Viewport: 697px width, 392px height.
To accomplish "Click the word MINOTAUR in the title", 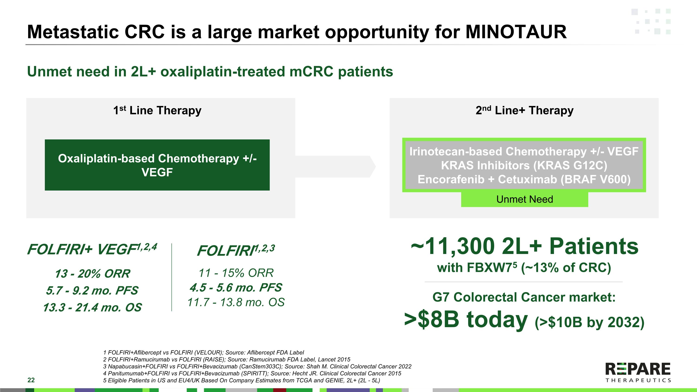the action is pyautogui.click(x=516, y=32).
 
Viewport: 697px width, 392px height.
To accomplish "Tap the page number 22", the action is pyautogui.click(x=31, y=380).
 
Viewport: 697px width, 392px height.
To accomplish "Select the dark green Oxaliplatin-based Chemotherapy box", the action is pyautogui.click(x=157, y=165).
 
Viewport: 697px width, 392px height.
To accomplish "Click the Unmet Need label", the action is pyautogui.click(x=525, y=199).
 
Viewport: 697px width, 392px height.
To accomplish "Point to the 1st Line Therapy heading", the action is pyautogui.click(x=157, y=110).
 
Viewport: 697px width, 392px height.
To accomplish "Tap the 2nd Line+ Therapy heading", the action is pyautogui.click(x=524, y=110).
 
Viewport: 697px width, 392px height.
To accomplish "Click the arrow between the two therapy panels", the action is pyautogui.click(x=335, y=167).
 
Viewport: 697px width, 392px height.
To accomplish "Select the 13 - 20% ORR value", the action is pyautogui.click(x=92, y=273).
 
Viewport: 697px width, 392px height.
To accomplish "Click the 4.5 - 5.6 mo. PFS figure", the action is pyautogui.click(x=236, y=287).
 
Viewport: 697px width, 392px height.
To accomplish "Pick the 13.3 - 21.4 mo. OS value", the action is pyautogui.click(x=92, y=307).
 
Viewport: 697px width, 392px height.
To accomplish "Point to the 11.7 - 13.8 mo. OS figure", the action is pyautogui.click(x=236, y=302).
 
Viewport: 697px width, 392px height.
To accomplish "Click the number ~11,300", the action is pyautogui.click(x=453, y=247).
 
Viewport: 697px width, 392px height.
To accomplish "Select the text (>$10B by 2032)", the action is pyautogui.click(x=590, y=322).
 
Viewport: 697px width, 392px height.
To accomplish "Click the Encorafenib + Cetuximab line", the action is pyautogui.click(x=524, y=179).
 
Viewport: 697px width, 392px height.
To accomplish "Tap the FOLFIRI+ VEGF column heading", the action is pyautogui.click(x=92, y=249).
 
